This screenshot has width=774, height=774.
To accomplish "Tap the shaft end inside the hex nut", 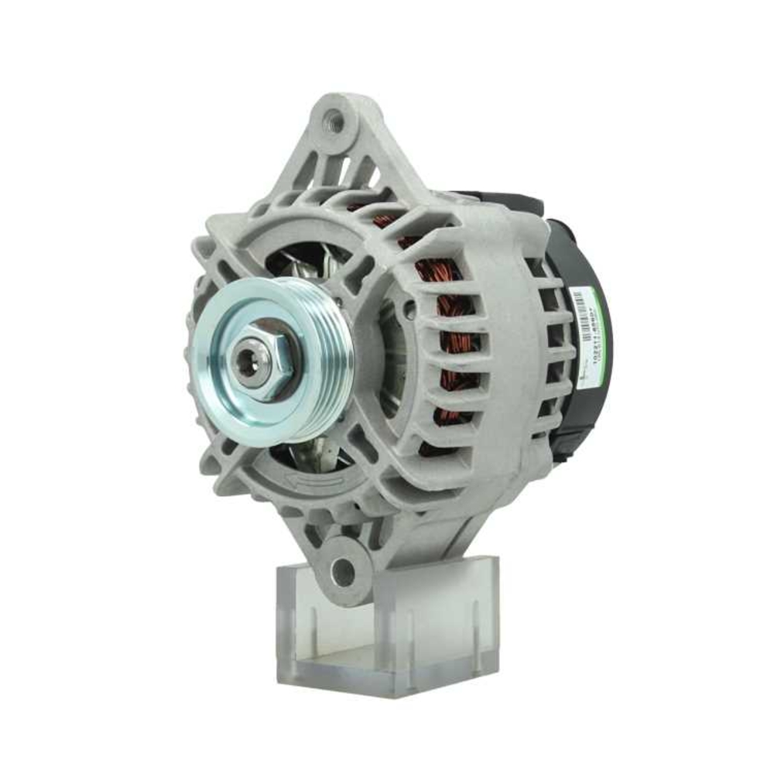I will tap(247, 361).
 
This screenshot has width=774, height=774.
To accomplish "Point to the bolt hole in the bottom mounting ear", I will tap(341, 572).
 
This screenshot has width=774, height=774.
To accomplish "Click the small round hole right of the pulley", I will tap(408, 310).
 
